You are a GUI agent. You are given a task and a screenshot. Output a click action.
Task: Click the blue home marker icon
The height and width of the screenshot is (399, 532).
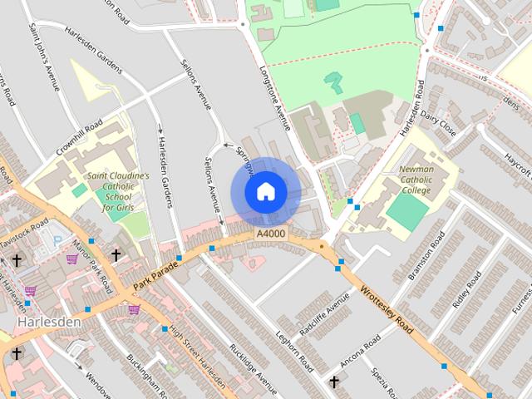265,191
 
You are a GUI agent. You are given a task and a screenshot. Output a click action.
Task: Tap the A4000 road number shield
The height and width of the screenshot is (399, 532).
271,236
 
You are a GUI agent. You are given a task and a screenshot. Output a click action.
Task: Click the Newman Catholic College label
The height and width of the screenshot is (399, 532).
416,178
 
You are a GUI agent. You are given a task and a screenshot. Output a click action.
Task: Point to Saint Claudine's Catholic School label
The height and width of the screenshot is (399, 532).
119,191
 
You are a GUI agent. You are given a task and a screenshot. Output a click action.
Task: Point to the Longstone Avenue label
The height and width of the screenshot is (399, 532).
274,96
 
